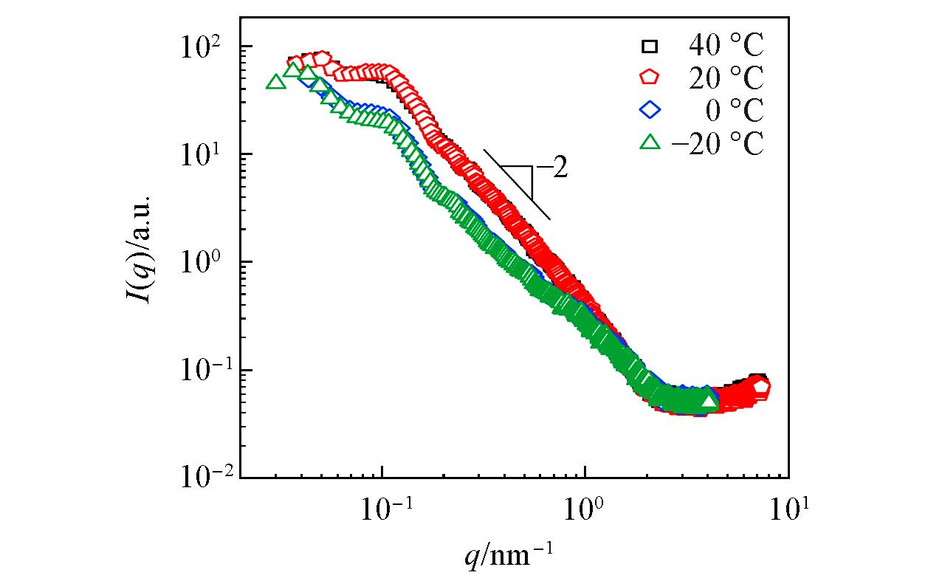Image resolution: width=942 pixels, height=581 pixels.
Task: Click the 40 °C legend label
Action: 726,47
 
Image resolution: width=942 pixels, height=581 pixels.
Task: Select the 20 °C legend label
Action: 726,78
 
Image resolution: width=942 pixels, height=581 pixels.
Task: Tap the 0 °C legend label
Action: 733,111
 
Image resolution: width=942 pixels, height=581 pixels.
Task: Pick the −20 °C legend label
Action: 717,143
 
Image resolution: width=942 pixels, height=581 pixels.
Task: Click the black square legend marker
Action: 650,47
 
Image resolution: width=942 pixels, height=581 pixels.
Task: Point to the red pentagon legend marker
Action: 650,78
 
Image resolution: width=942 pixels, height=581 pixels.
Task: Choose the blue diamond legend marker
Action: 650,111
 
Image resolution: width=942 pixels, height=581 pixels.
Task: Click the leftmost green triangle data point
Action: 275,82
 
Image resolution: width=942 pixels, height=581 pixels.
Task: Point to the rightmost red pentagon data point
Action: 762,386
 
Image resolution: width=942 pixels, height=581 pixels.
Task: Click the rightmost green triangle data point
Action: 708,401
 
